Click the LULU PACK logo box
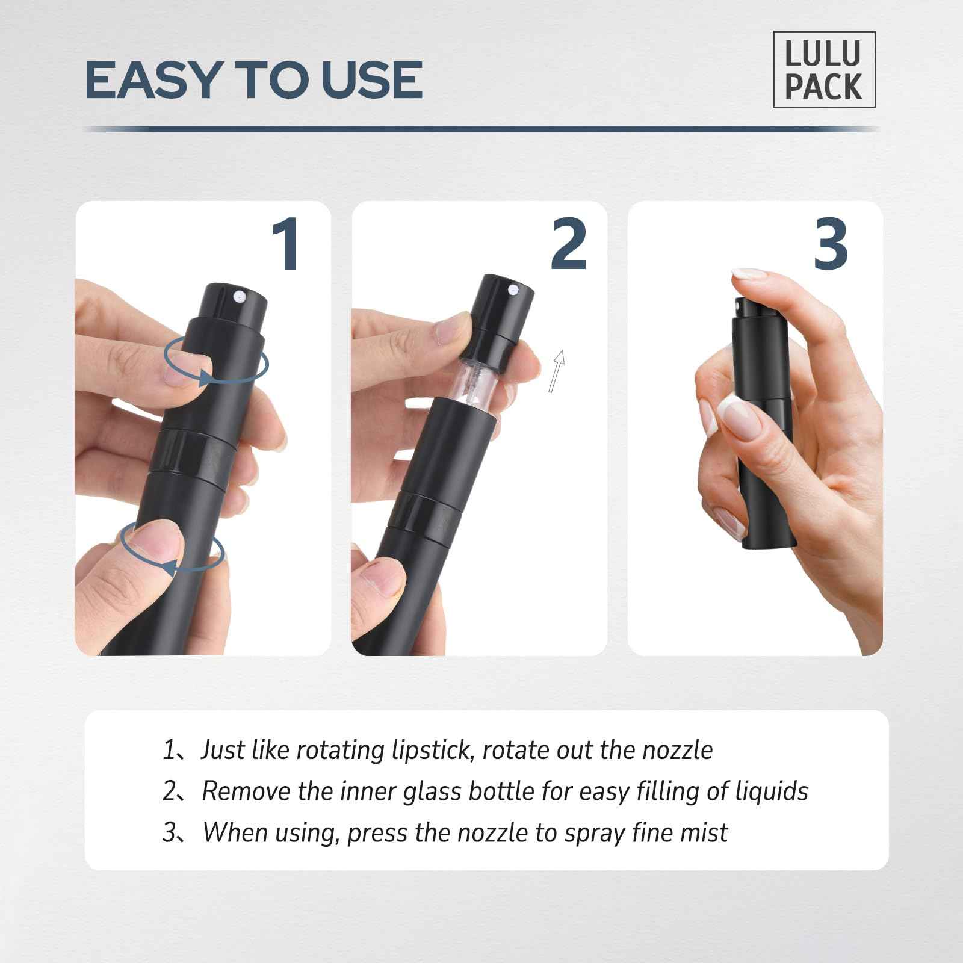(823, 69)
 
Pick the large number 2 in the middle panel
(568, 245)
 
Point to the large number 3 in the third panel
(831, 245)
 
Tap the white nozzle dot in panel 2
(513, 291)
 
